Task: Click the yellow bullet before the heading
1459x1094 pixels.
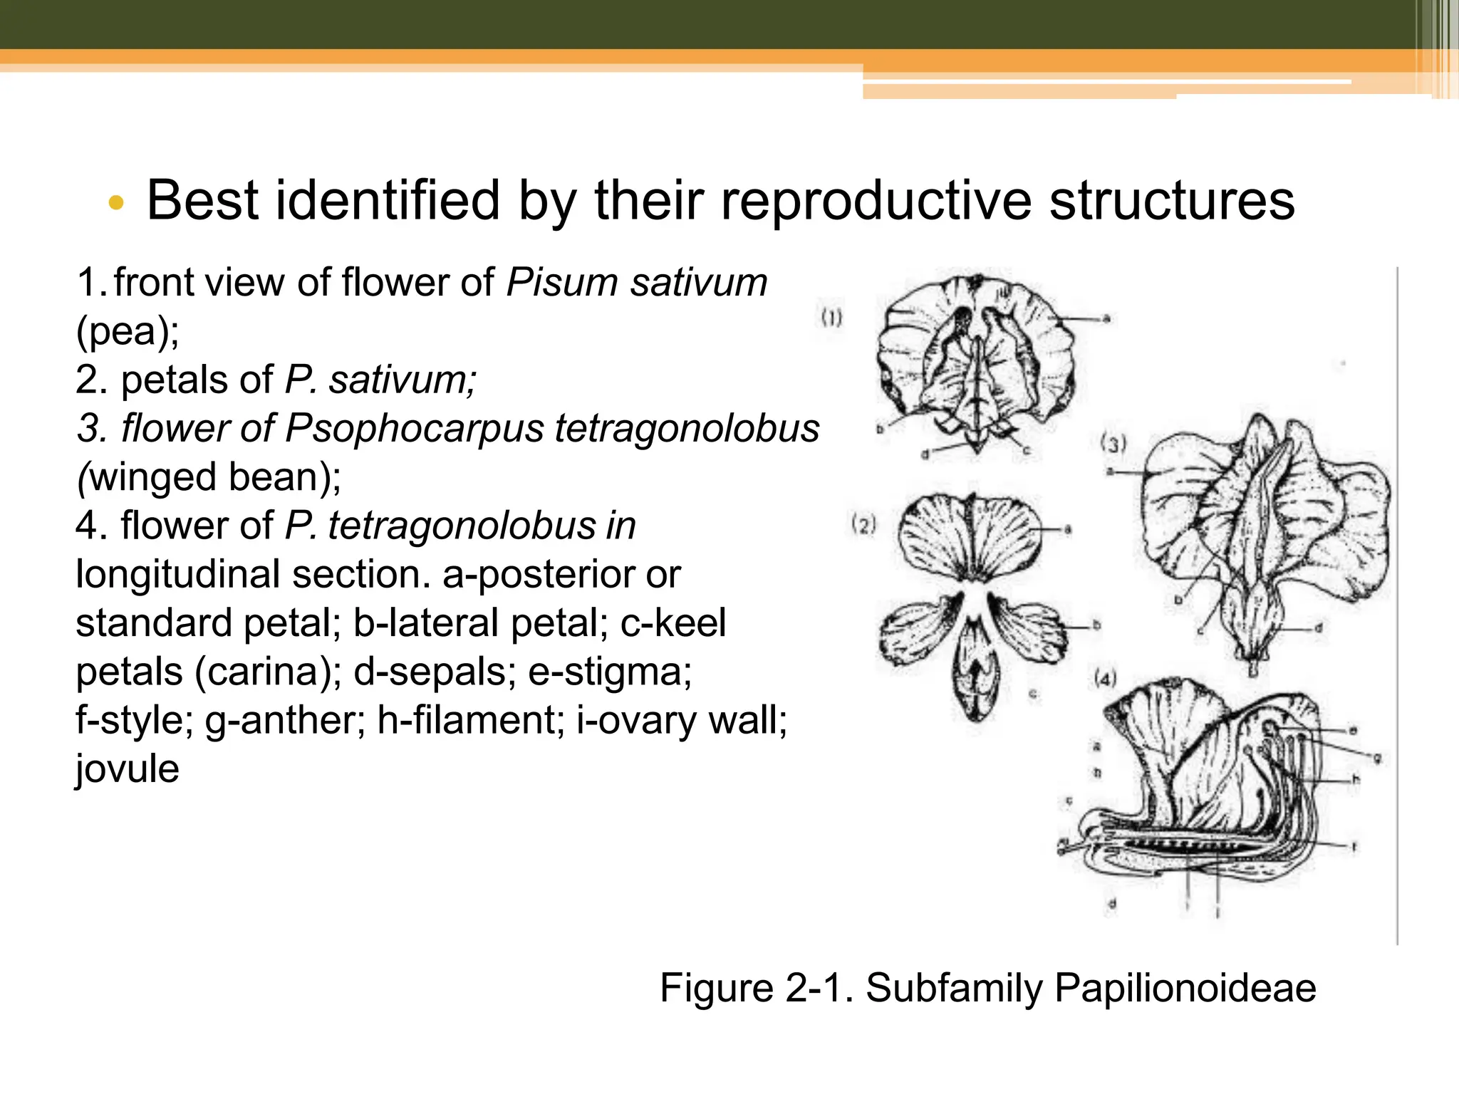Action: (x=116, y=204)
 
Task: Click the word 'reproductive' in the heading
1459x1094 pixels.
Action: (x=876, y=202)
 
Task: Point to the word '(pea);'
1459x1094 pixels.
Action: (x=128, y=331)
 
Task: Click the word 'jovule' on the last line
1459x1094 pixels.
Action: (x=128, y=769)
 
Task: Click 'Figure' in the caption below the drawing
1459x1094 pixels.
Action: (x=716, y=988)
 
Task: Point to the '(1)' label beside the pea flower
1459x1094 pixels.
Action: (x=831, y=318)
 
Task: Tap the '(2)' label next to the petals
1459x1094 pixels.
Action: (x=863, y=526)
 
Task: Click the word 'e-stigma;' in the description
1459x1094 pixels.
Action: (x=610, y=672)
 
